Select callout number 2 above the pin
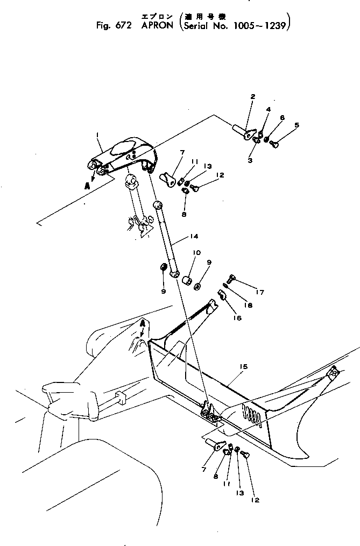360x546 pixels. click(252, 97)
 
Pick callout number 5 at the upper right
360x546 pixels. click(295, 125)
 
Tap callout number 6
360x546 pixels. click(282, 117)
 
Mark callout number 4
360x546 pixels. click(269, 110)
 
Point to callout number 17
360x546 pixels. click(260, 293)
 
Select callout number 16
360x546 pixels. click(237, 318)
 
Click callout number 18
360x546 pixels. click(248, 304)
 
